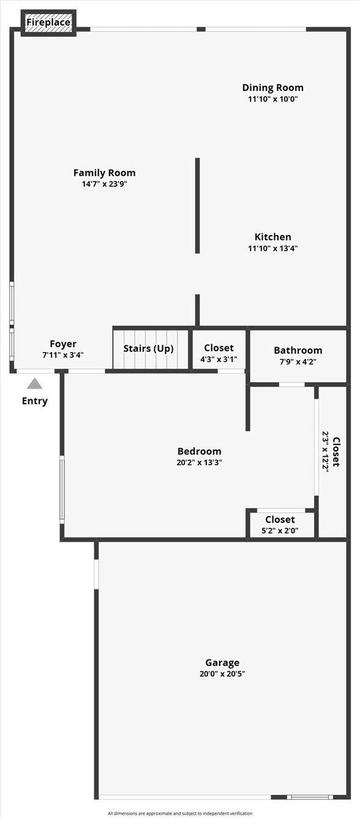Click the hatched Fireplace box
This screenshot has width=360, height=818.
click(48, 23)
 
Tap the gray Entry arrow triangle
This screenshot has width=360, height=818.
click(35, 384)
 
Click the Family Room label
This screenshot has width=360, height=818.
click(104, 173)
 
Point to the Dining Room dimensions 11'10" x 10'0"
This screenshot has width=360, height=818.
click(272, 99)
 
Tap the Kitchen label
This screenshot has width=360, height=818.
click(272, 237)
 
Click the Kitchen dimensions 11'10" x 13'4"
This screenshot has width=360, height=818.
click(272, 248)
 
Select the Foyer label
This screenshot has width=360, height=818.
click(63, 344)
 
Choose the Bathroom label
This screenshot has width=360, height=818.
click(298, 350)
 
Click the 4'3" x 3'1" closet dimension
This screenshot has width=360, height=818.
click(219, 359)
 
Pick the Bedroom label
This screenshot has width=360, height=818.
click(199, 451)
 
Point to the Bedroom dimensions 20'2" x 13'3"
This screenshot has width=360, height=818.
click(199, 463)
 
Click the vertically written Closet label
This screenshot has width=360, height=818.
click(336, 452)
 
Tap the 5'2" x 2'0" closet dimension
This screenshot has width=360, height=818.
click(280, 530)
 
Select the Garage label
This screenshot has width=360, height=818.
click(222, 662)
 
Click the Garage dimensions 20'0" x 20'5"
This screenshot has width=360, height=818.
click(222, 674)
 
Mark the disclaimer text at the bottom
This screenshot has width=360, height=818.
click(180, 814)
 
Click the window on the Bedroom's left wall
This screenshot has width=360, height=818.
click(62, 489)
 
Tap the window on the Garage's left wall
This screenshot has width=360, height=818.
click(96, 574)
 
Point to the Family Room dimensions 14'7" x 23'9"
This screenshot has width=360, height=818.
click(104, 184)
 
